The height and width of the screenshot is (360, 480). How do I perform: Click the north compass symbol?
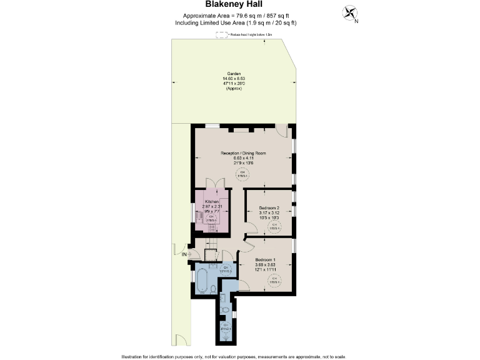tap(350, 13)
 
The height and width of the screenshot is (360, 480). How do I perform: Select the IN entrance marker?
tap(184, 254)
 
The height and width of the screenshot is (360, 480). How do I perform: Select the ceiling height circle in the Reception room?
tap(242, 174)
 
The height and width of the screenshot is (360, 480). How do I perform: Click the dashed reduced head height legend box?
tap(220, 35)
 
